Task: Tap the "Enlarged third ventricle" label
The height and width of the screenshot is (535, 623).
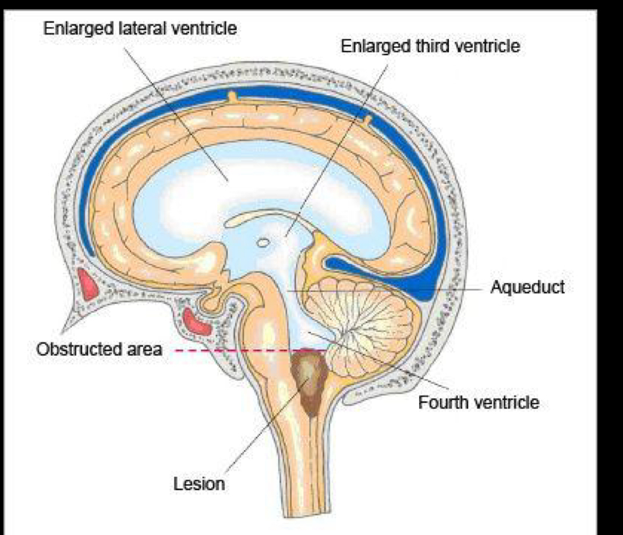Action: coord(430,46)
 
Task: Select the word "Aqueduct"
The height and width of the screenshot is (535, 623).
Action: coord(527,287)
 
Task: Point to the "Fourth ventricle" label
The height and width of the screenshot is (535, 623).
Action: coord(479,402)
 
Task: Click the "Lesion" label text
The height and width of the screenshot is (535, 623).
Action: coord(199,483)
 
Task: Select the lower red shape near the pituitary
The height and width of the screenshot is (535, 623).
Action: coord(197,322)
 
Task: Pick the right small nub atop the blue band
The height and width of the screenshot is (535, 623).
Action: coord(367,121)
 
